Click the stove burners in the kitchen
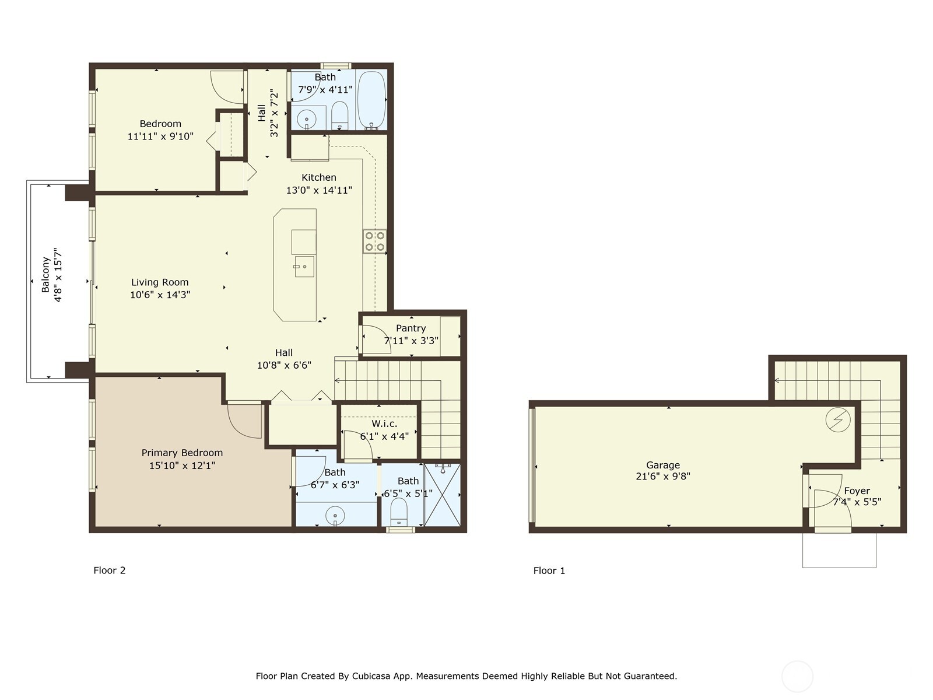(374, 242)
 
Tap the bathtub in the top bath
(371, 100)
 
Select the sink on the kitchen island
(304, 267)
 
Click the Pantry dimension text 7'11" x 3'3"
(411, 341)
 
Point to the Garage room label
(663, 465)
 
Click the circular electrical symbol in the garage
(838, 419)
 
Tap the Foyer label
(857, 491)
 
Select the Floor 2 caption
(110, 570)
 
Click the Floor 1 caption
(549, 570)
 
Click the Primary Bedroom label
(182, 453)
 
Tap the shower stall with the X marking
(443, 495)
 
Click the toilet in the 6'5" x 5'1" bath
(399, 510)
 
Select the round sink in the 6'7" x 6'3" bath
(335, 516)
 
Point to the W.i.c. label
(384, 423)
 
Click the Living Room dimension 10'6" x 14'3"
(160, 295)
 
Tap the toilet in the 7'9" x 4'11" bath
(340, 114)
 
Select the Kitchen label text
(319, 177)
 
